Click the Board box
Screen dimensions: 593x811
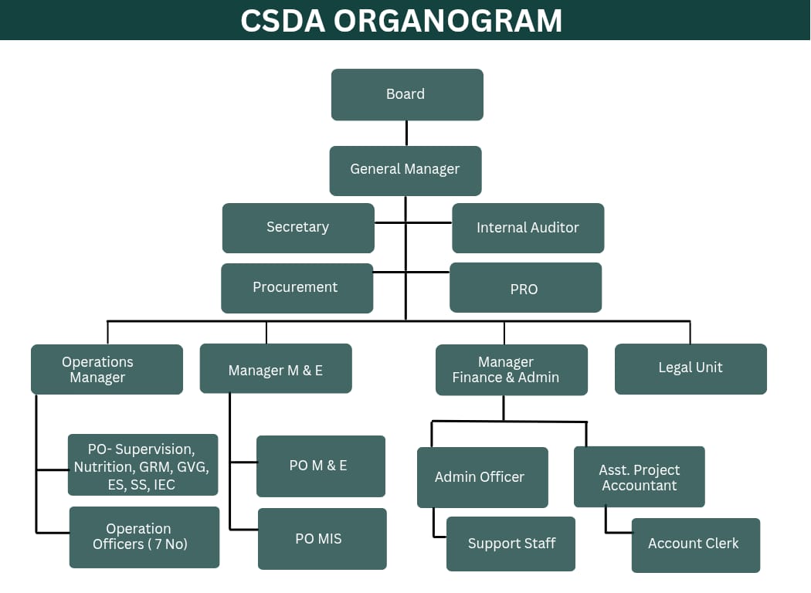point(407,94)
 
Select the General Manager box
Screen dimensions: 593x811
point(405,170)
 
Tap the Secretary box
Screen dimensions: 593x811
point(298,228)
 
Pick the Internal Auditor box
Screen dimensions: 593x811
point(528,228)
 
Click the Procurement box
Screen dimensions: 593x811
point(297,288)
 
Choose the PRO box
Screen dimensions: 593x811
point(525,288)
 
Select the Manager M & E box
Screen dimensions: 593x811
point(276,369)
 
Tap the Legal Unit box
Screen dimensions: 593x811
point(691,368)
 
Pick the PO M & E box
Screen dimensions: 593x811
point(321,466)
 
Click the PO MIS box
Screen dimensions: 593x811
point(321,538)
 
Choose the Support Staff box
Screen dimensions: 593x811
point(511,544)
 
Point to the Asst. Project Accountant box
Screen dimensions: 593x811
point(639,477)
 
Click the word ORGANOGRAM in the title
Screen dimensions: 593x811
point(448,21)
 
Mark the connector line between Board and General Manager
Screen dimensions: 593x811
point(406,133)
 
